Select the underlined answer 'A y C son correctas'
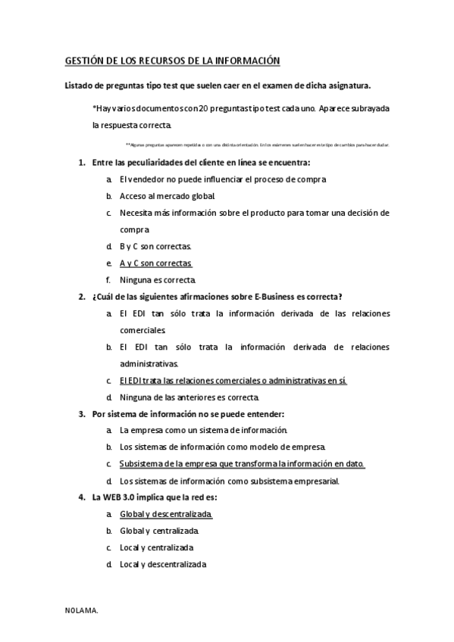click(x=156, y=263)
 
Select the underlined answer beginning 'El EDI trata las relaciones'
click(x=233, y=380)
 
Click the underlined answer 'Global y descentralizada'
click(x=166, y=514)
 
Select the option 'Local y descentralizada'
click(x=163, y=564)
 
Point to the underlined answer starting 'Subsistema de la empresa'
click(x=243, y=463)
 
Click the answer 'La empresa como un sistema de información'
click(x=203, y=430)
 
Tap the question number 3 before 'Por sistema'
click(x=82, y=413)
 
